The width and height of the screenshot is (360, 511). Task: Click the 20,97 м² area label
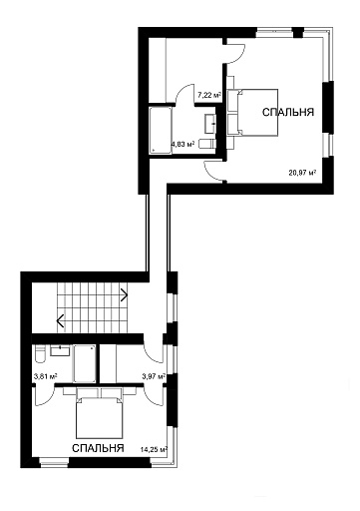tap(302, 173)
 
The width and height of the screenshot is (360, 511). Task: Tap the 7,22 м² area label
tap(209, 96)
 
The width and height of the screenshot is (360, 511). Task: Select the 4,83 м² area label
tap(182, 144)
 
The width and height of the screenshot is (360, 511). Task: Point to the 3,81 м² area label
tap(46, 376)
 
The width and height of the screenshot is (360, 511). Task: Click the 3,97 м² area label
tap(154, 376)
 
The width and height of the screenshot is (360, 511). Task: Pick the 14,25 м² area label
tap(154, 450)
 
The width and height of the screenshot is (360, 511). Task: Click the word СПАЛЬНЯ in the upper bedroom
tap(288, 113)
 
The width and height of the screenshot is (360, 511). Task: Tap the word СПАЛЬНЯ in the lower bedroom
tap(98, 448)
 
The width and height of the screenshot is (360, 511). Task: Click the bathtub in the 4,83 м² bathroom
tap(161, 131)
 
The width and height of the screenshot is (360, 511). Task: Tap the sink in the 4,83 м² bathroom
tap(210, 124)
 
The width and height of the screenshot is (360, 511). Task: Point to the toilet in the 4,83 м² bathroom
tap(207, 144)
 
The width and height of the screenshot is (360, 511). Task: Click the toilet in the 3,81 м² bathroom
tap(40, 354)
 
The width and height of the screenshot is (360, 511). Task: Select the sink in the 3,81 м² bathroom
tap(60, 350)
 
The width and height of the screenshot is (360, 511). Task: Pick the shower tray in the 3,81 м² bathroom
tap(85, 363)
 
